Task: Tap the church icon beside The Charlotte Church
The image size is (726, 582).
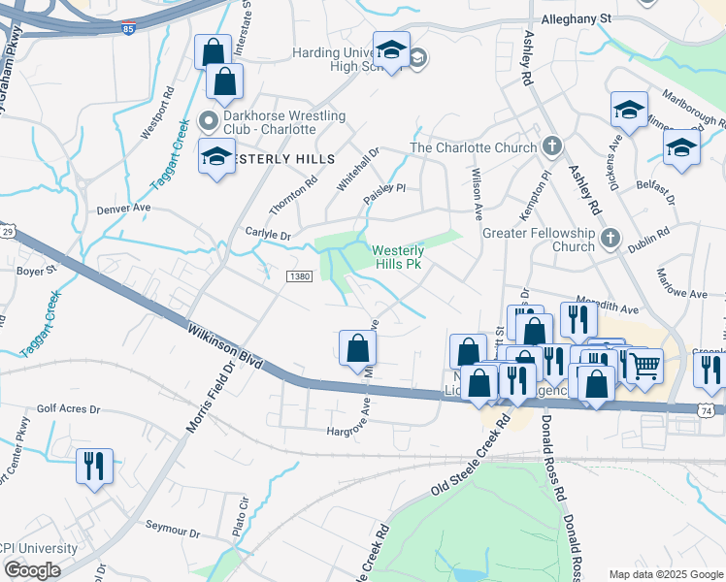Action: point(552,147)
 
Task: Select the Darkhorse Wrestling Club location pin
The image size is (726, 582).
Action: point(205,121)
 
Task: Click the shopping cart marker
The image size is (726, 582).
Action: point(644,366)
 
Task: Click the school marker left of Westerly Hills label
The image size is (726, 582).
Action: point(216,155)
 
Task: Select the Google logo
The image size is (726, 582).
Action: point(32,570)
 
